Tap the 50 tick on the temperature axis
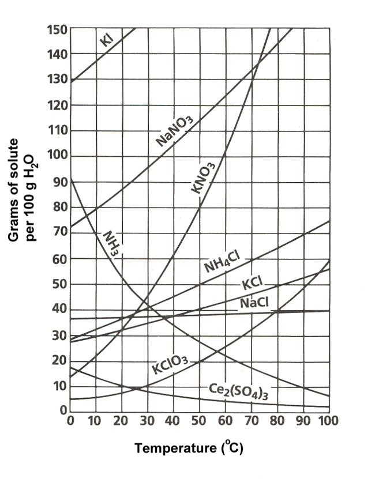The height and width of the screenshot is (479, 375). click(198, 420)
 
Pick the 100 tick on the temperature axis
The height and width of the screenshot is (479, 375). click(327, 420)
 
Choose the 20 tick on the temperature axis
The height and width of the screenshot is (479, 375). click(121, 420)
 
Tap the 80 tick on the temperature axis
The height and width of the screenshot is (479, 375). click(276, 420)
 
